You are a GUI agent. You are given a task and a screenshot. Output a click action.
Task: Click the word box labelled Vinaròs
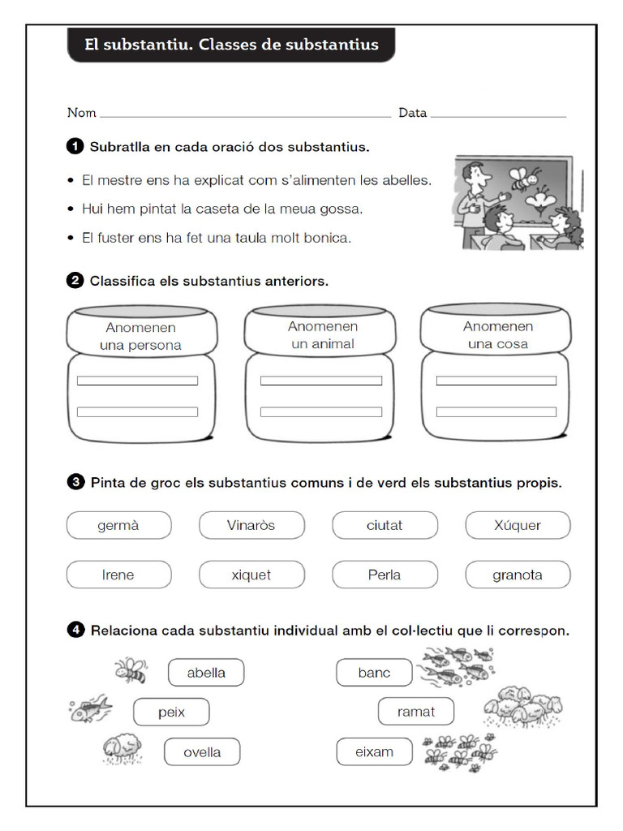click(x=251, y=525)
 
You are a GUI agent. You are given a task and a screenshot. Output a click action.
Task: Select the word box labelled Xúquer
click(x=518, y=525)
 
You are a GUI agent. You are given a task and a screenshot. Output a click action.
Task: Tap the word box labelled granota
click(x=518, y=575)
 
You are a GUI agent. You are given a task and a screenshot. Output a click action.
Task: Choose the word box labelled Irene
click(x=118, y=575)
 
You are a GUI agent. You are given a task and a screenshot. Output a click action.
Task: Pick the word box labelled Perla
click(x=385, y=575)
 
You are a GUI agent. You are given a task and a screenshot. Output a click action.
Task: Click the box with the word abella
click(x=206, y=673)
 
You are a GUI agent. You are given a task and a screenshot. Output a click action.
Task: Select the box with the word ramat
click(x=416, y=712)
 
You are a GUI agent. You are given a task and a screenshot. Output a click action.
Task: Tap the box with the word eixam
click(x=374, y=751)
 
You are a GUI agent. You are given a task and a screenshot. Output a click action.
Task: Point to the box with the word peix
click(x=171, y=712)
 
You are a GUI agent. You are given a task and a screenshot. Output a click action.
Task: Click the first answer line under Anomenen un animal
click(x=320, y=381)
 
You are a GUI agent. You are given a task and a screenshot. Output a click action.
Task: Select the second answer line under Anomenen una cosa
click(x=496, y=411)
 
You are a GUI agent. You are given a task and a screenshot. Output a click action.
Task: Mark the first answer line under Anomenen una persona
click(x=137, y=381)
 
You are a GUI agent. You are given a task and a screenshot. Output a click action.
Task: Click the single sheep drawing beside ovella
click(x=124, y=749)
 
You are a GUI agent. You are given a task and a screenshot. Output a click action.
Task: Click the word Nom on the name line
click(x=81, y=113)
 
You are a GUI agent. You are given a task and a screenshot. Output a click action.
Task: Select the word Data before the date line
click(x=412, y=113)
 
